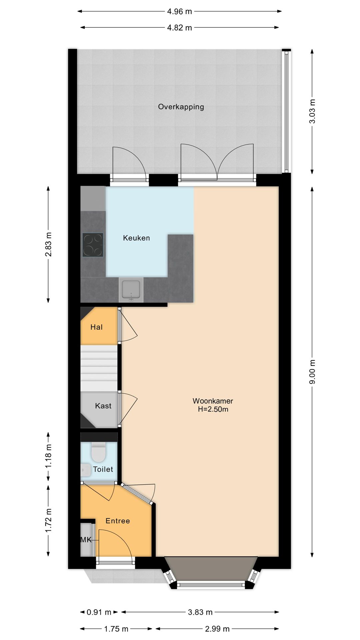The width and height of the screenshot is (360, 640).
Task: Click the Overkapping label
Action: (x=181, y=107)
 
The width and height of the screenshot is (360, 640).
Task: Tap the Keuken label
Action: (x=136, y=238)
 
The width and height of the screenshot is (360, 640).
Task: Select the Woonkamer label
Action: (x=213, y=401)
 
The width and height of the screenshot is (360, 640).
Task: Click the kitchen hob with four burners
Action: (x=93, y=245)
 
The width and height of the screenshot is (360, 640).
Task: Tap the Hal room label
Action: (x=96, y=327)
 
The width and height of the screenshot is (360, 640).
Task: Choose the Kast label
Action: (x=103, y=406)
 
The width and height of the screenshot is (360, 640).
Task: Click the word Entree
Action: (x=118, y=521)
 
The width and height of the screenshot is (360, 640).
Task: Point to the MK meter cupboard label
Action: (x=86, y=540)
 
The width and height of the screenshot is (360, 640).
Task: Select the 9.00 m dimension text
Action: (x=312, y=372)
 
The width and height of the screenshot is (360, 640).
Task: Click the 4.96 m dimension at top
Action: (x=179, y=11)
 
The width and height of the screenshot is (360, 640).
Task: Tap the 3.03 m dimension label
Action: (x=312, y=111)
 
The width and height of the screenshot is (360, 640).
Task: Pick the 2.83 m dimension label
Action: (x=48, y=244)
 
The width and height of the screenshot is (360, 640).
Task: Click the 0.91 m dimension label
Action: (x=99, y=612)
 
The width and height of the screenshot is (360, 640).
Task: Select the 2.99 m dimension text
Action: (x=217, y=629)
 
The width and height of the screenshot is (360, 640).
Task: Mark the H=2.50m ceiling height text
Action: (x=213, y=409)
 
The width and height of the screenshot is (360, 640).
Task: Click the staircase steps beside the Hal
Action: (x=99, y=368)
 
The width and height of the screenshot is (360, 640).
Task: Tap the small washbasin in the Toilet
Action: (x=86, y=470)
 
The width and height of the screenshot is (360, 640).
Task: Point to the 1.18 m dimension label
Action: (x=48, y=456)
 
